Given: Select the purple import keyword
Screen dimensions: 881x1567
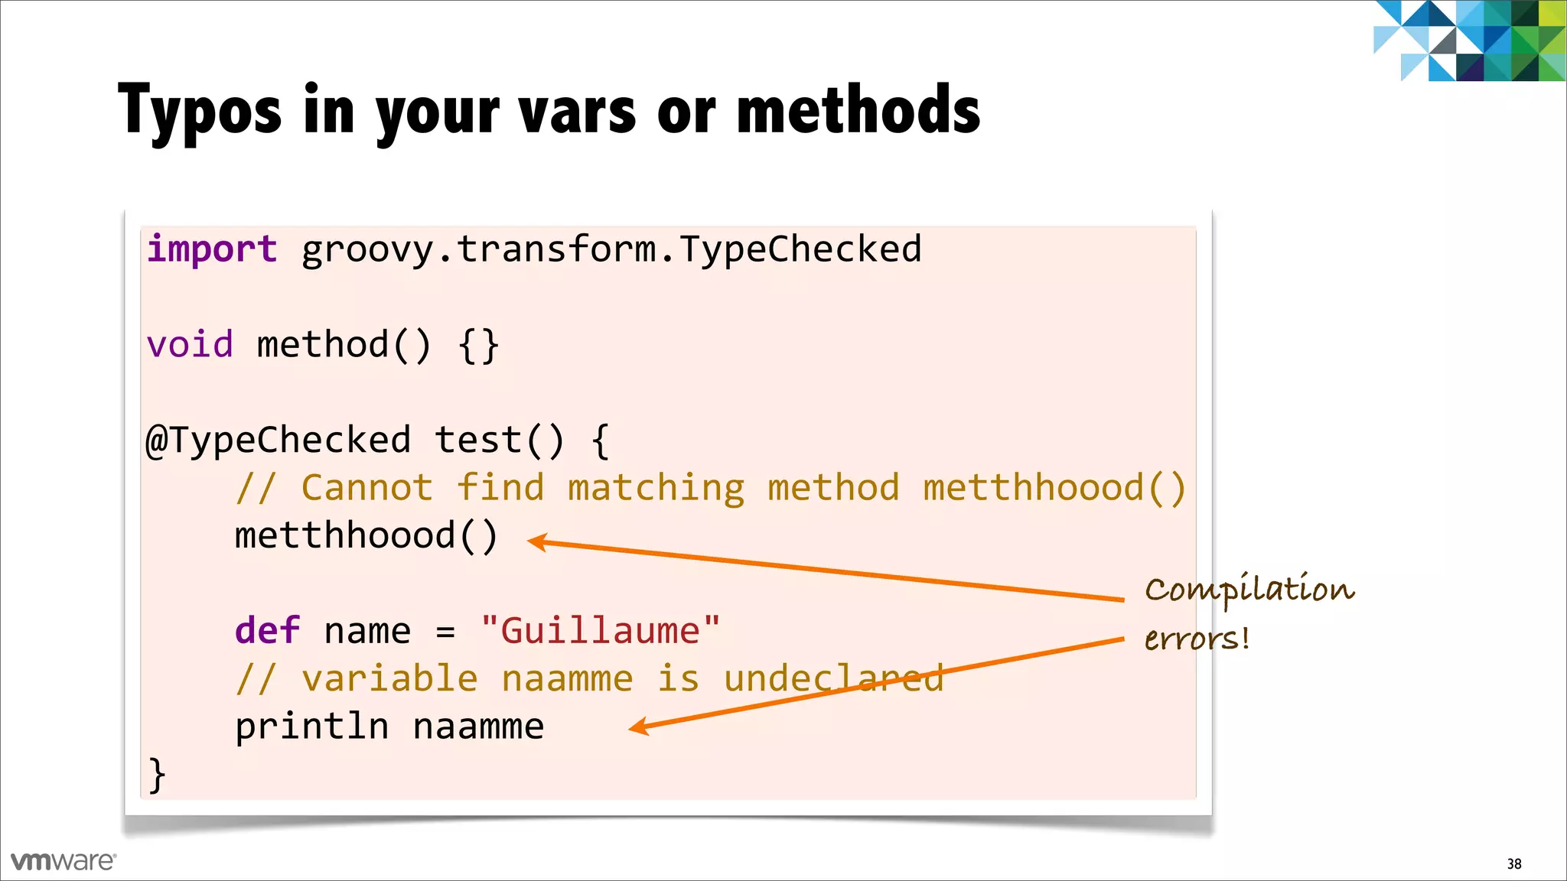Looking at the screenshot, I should pyautogui.click(x=212, y=249).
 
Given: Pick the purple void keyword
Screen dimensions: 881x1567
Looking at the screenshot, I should pyautogui.click(x=190, y=345).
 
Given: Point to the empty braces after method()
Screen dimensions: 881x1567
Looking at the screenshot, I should pyautogui.click(x=479, y=346).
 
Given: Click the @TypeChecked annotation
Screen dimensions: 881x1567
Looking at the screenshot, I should pyautogui.click(x=279, y=441).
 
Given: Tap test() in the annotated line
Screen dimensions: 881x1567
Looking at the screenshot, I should pyautogui.click(x=500, y=441).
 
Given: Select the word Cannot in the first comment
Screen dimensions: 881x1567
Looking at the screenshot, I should pyautogui.click(x=367, y=489).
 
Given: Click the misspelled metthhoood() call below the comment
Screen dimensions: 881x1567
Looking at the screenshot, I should pyautogui.click(x=367, y=536).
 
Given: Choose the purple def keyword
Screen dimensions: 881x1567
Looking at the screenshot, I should pyautogui.click(x=267, y=632).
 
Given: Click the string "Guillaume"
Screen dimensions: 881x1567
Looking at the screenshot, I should pyautogui.click(x=601, y=632).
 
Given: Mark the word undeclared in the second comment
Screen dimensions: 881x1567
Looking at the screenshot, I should pyautogui.click(x=833, y=679).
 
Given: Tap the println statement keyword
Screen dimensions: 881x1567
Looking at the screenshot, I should pyautogui.click(x=311, y=727).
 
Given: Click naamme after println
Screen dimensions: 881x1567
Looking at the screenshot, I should pyautogui.click(x=478, y=727).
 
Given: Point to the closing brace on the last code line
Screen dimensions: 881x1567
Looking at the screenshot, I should pyautogui.click(x=156, y=775).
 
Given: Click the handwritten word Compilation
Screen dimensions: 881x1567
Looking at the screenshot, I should pyautogui.click(x=1249, y=590).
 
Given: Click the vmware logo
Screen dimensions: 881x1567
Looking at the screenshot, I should pyautogui.click(x=64, y=861).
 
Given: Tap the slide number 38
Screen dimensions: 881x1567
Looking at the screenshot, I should pyautogui.click(x=1514, y=864).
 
